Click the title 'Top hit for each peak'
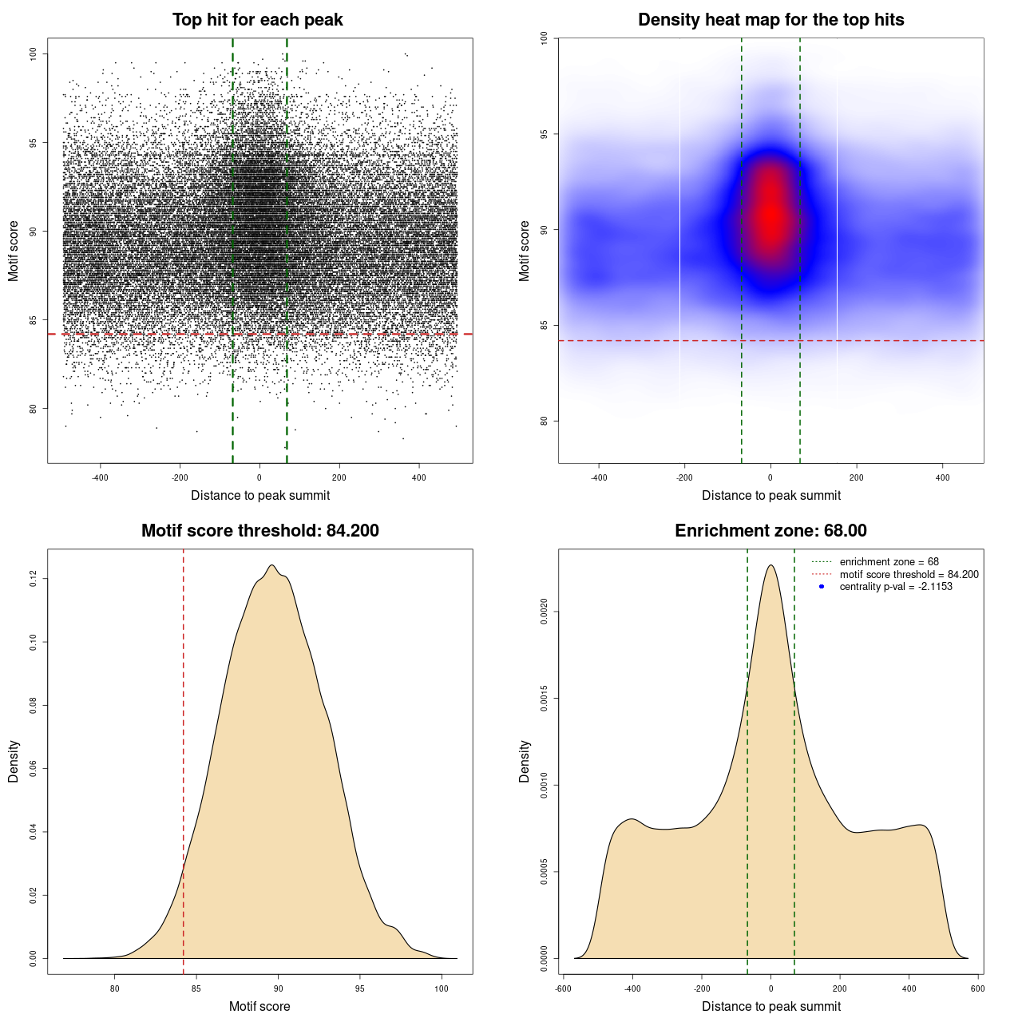[x=257, y=20]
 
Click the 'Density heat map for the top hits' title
[x=770, y=20]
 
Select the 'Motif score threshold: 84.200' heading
[x=259, y=531]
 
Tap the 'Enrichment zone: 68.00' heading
[x=770, y=531]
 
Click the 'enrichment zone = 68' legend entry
[x=889, y=562]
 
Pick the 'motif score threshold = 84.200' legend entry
[x=909, y=574]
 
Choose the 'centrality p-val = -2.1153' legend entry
[x=896, y=587]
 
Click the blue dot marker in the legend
[x=822, y=587]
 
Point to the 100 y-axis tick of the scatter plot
[x=34, y=53]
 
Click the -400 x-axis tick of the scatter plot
[x=100, y=477]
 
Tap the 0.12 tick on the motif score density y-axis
[x=34, y=578]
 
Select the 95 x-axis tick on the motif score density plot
[x=360, y=988]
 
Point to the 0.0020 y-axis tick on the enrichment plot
[x=545, y=612]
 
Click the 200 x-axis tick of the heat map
[x=857, y=477]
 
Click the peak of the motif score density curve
[x=272, y=565]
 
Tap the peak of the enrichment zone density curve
[x=770, y=565]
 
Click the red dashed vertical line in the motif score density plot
[x=184, y=759]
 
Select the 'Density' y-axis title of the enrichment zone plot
[x=525, y=761]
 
